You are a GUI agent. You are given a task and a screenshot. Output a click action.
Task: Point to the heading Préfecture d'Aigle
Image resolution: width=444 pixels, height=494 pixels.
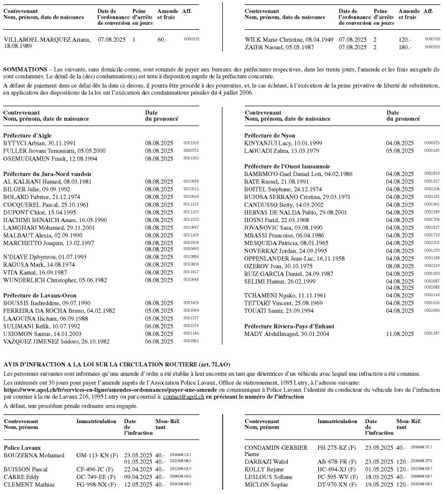28,134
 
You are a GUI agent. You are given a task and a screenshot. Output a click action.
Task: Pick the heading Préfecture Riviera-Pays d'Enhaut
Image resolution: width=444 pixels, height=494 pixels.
292,325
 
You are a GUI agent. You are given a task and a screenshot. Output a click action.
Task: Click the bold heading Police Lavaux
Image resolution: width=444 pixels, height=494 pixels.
22,447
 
